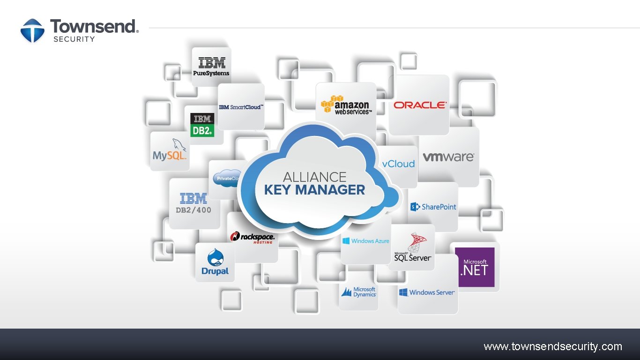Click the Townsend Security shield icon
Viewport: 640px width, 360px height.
tap(32, 30)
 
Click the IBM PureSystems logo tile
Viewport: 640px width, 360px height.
tap(211, 67)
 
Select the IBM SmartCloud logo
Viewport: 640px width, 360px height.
tap(241, 107)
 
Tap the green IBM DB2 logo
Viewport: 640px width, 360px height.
tap(202, 125)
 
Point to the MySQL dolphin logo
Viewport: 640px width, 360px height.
tap(170, 150)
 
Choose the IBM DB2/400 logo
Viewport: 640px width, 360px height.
tap(193, 203)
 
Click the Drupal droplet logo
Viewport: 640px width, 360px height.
tap(215, 262)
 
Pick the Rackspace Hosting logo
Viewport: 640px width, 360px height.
tap(253, 238)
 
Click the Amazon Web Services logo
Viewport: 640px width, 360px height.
tap(346, 105)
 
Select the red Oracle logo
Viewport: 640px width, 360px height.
tap(420, 105)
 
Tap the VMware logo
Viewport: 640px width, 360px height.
tap(448, 157)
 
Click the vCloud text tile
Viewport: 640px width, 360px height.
tap(398, 164)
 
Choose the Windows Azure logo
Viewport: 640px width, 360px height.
tap(366, 241)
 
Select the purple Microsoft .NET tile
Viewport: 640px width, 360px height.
tap(475, 267)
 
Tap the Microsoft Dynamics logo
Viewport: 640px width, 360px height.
tap(358, 292)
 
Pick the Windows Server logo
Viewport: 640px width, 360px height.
tap(427, 292)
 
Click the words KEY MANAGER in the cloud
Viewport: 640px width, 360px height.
tap(314, 190)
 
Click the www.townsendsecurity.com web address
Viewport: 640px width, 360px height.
tap(553, 347)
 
